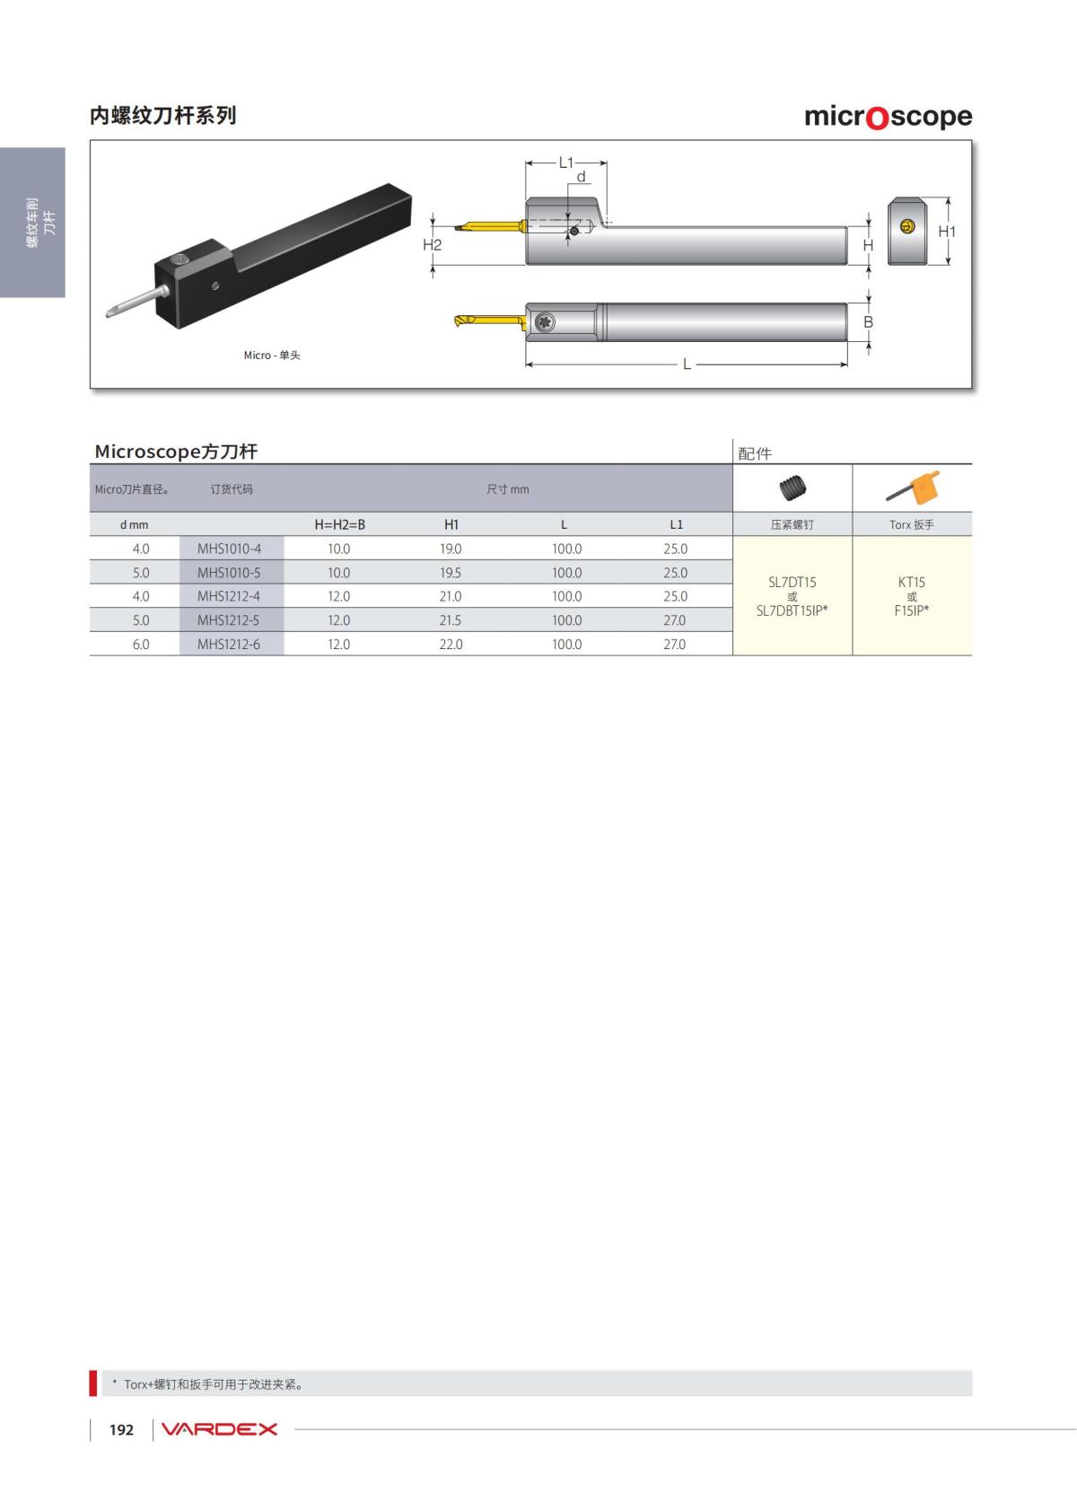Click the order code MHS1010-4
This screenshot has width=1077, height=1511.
click(229, 549)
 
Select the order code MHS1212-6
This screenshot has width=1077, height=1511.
click(229, 645)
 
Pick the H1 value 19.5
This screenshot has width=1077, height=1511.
click(450, 573)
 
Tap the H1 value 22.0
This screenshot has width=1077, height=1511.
click(451, 645)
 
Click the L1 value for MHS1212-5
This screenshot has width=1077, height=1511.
click(674, 619)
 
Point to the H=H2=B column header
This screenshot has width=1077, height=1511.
click(339, 524)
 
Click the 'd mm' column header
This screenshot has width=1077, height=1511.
click(134, 525)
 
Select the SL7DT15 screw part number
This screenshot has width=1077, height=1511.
click(792, 582)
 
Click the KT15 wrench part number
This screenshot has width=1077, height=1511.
click(911, 582)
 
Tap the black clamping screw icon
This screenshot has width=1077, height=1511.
click(792, 488)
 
